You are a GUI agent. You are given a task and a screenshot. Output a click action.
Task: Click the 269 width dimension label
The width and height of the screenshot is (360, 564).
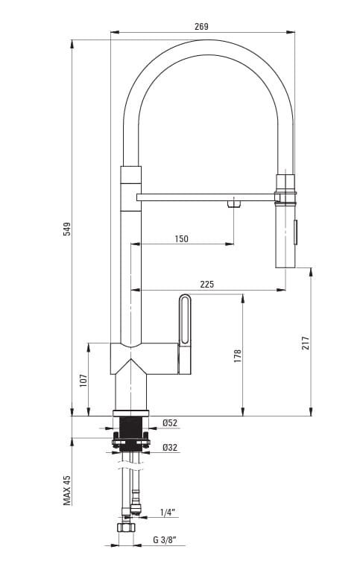pos(201,26)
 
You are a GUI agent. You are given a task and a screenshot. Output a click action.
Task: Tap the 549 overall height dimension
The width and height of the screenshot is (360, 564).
pos(67,229)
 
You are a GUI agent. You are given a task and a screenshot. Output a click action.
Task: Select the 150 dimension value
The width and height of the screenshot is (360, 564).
pos(181,239)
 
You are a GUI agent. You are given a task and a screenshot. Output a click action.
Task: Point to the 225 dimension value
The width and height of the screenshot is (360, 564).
pos(207,284)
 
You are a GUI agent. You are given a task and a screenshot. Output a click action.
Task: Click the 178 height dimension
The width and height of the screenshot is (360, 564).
pos(238,355)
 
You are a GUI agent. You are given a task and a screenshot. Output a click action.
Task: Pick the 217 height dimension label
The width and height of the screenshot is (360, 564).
pos(306,343)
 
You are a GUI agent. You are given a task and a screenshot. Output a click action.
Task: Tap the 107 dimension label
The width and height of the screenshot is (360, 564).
pos(83,381)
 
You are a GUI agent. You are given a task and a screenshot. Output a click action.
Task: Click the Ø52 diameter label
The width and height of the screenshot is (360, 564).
pos(170,423)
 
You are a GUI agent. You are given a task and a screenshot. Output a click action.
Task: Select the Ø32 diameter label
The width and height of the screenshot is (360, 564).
pos(170,448)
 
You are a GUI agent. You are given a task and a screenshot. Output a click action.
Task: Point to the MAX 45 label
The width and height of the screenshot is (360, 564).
pos(67,490)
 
